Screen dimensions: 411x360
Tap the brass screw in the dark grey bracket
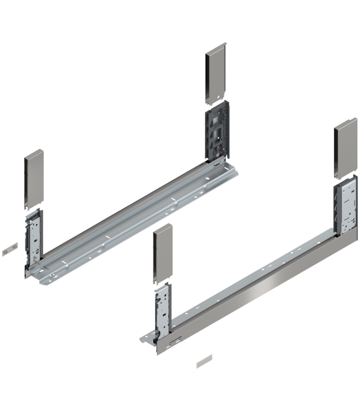220,153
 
